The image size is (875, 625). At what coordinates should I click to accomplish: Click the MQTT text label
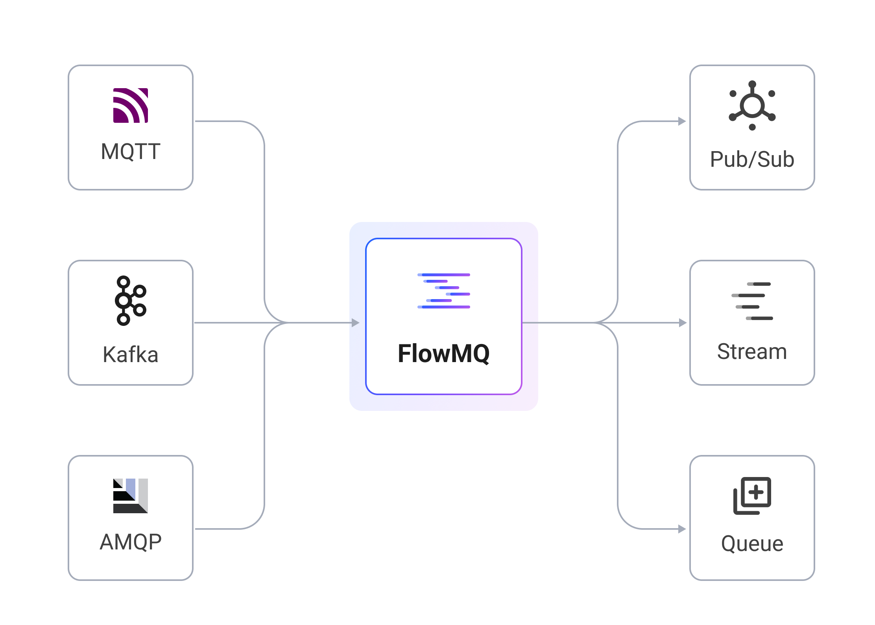[x=131, y=152]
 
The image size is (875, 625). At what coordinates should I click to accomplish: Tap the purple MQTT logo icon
[x=131, y=105]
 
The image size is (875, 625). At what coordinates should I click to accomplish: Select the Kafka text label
[x=131, y=354]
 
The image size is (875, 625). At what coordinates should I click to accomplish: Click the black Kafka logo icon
[x=131, y=301]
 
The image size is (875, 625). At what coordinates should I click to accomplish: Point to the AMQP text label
[x=131, y=542]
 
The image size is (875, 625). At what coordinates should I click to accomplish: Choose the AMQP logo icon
[x=131, y=496]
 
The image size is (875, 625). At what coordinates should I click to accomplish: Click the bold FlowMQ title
[x=444, y=353]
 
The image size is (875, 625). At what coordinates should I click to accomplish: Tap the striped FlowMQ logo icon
[x=444, y=291]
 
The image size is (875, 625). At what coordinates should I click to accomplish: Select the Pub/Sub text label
[x=752, y=159]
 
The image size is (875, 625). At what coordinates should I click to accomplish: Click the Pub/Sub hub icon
[x=752, y=105]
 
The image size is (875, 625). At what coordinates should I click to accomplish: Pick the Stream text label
[x=752, y=351]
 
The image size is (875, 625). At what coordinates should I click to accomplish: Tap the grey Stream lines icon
[x=752, y=301]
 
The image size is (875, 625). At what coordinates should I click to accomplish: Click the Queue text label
[x=752, y=544]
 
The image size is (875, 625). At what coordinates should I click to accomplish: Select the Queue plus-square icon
[x=752, y=496]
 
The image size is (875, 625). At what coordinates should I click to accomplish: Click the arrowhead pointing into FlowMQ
[x=355, y=323]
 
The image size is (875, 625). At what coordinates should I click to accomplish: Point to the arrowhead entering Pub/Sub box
[x=682, y=121]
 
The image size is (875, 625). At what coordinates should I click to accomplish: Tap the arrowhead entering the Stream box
[x=683, y=323]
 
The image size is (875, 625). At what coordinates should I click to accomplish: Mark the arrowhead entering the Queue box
[x=682, y=529]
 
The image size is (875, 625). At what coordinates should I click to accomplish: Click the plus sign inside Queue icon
[x=756, y=492]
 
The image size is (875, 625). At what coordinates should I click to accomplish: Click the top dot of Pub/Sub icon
[x=752, y=84]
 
